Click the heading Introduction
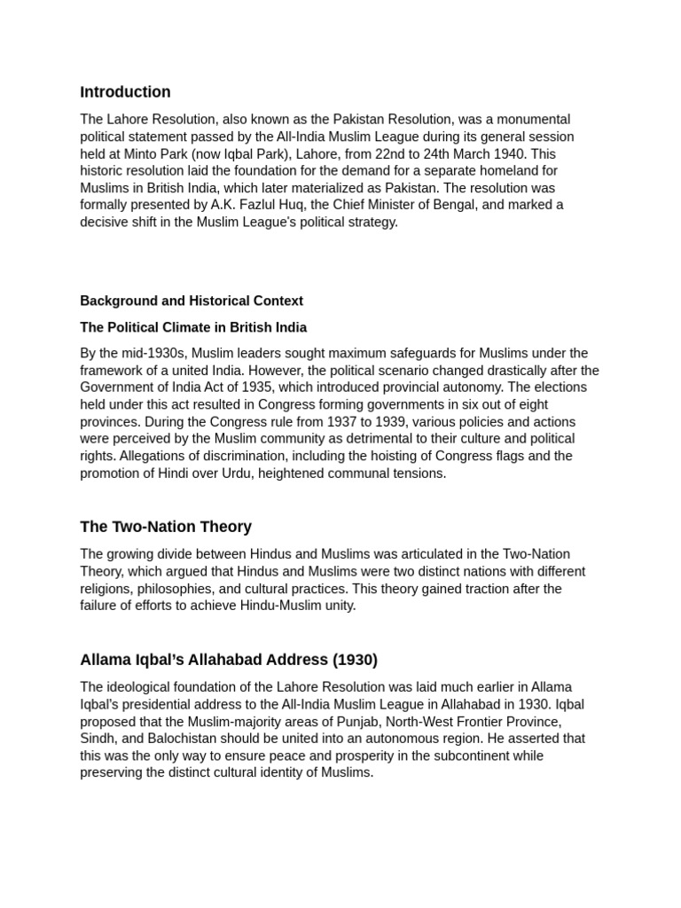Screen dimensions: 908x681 point(125,92)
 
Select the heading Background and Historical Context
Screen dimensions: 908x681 point(192,301)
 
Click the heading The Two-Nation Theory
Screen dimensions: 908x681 point(166,527)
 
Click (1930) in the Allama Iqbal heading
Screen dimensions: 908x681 point(355,660)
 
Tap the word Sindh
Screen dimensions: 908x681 point(97,739)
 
